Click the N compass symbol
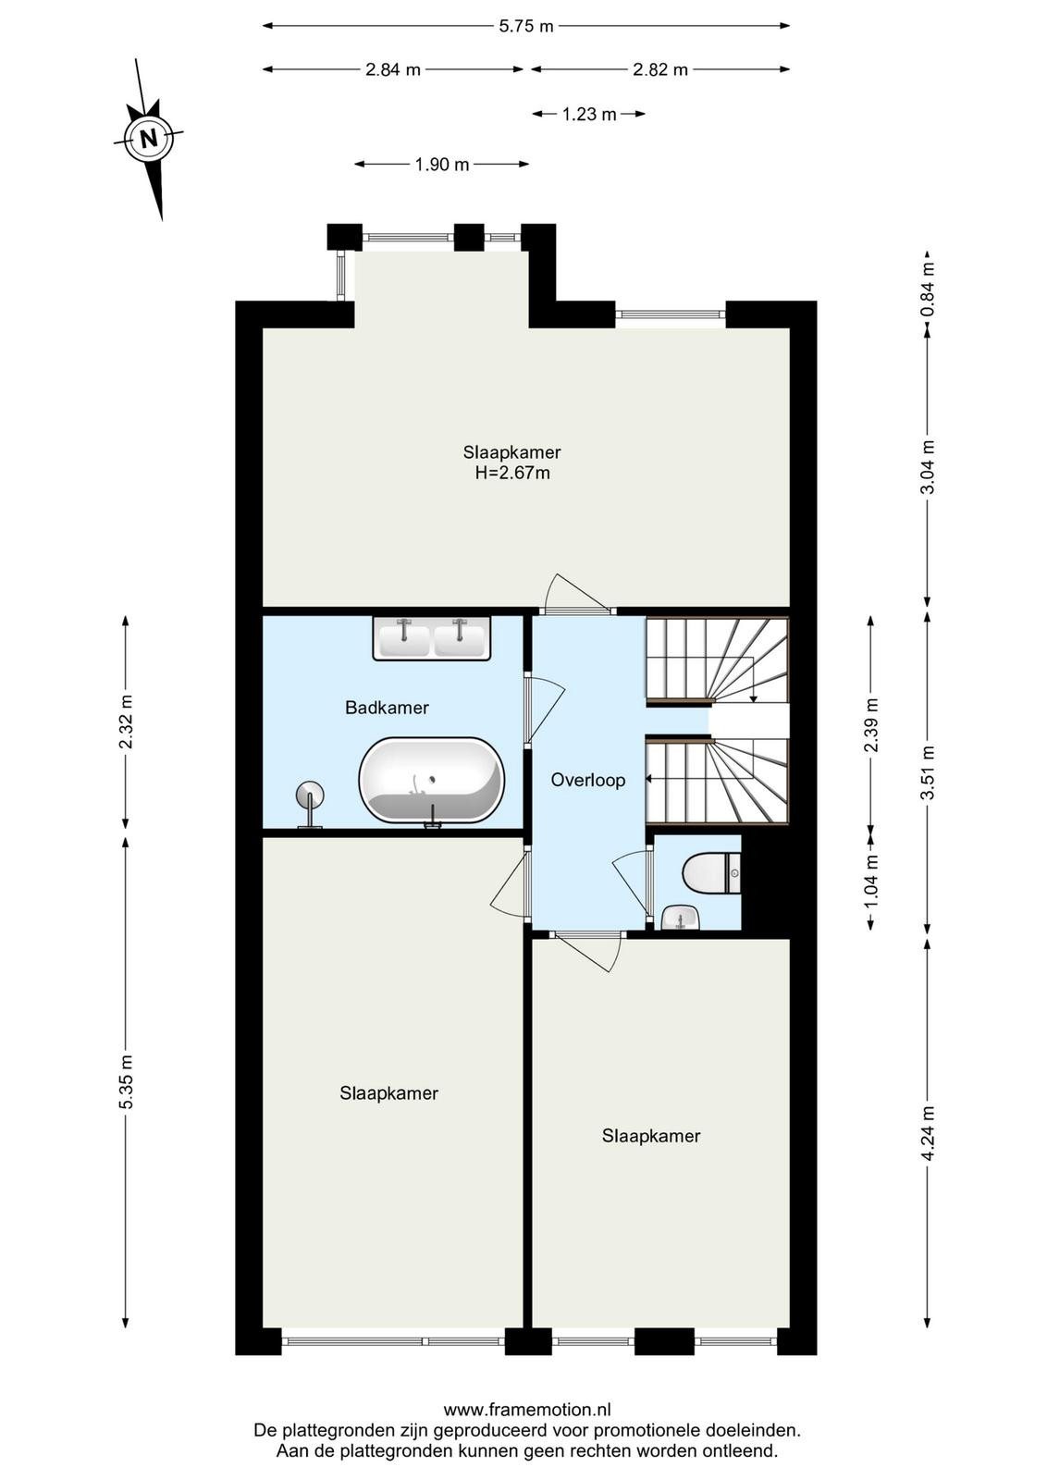click(x=149, y=140)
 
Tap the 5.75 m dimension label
click(x=525, y=27)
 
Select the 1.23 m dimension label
click(x=588, y=115)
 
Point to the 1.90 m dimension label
click(x=442, y=165)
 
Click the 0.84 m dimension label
click(x=928, y=289)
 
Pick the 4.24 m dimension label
click(x=928, y=1133)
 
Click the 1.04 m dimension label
click(x=871, y=882)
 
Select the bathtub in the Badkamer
click(x=432, y=781)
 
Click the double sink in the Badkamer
click(x=432, y=637)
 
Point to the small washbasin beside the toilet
click(x=681, y=918)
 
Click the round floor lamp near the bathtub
click(x=309, y=804)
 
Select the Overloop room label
click(x=588, y=781)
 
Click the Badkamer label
click(x=388, y=708)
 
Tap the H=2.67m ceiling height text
click(x=512, y=473)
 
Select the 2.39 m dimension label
click(x=871, y=725)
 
